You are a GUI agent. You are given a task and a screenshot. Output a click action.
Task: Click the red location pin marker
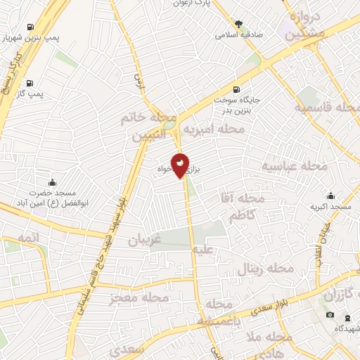[x=181, y=165]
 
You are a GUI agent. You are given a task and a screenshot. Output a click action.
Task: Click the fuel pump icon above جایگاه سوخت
[x=235, y=89]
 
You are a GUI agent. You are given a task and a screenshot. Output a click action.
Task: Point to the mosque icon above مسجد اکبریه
[x=330, y=196]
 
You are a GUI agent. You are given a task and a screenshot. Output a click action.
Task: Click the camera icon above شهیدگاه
[x=330, y=314]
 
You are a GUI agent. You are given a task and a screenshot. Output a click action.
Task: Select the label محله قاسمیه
[x=328, y=109]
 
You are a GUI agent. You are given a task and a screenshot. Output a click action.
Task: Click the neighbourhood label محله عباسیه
[x=295, y=167]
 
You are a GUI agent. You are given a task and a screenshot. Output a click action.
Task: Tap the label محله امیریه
[x=214, y=129]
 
